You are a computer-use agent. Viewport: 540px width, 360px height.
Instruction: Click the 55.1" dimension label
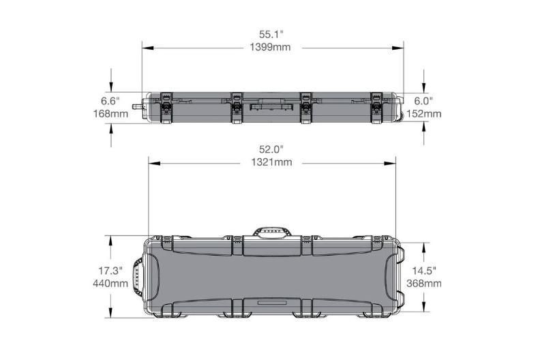click(271, 35)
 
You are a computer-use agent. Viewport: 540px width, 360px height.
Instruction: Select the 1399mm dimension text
click(271, 47)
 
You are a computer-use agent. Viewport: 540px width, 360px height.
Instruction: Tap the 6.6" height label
click(110, 102)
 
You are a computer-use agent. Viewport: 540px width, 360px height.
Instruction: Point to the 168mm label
click(110, 113)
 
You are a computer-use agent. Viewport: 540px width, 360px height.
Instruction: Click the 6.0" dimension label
click(423, 102)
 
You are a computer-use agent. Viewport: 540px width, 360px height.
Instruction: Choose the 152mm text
click(424, 113)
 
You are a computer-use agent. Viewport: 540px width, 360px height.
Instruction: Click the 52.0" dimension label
click(271, 149)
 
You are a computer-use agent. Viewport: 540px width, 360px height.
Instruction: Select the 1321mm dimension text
click(272, 162)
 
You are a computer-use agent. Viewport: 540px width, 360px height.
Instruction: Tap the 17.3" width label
click(110, 271)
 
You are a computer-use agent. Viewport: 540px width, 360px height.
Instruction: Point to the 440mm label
click(110, 284)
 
